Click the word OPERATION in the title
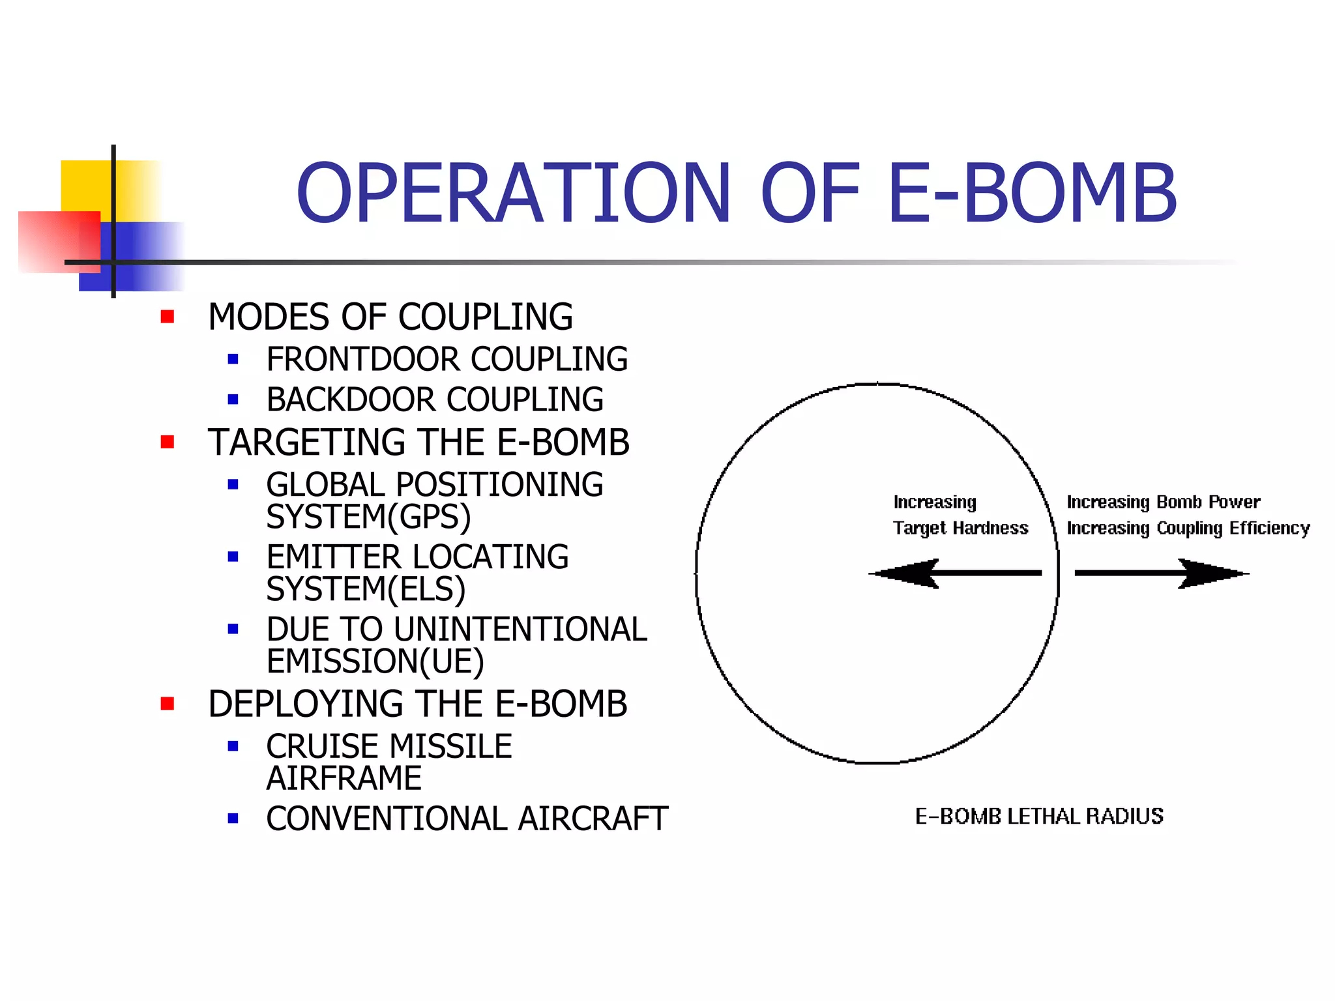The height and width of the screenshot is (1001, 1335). pos(514,194)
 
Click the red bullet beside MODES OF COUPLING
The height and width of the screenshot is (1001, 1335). pos(168,317)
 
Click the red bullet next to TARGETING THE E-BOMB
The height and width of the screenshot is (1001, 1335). pos(168,442)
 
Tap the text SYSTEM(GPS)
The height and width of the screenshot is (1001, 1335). pos(368,517)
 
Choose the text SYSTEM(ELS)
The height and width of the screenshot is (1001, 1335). pos(366,589)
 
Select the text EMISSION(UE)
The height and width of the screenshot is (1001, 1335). pos(375,661)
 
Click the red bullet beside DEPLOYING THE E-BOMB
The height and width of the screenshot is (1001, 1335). pos(168,704)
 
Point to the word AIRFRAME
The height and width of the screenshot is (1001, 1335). pos(344,778)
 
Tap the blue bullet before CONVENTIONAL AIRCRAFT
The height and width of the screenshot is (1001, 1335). pos(233,819)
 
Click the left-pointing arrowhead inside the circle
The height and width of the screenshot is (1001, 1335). pos(906,573)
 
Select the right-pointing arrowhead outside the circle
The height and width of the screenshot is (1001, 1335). pos(1212,573)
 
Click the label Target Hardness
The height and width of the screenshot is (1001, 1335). pos(960,528)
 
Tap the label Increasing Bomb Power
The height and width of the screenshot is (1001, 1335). pos(1163,502)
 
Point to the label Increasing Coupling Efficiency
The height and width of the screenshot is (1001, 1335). pos(1188,528)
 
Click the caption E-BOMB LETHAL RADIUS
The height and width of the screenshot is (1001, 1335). pos(1039,816)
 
